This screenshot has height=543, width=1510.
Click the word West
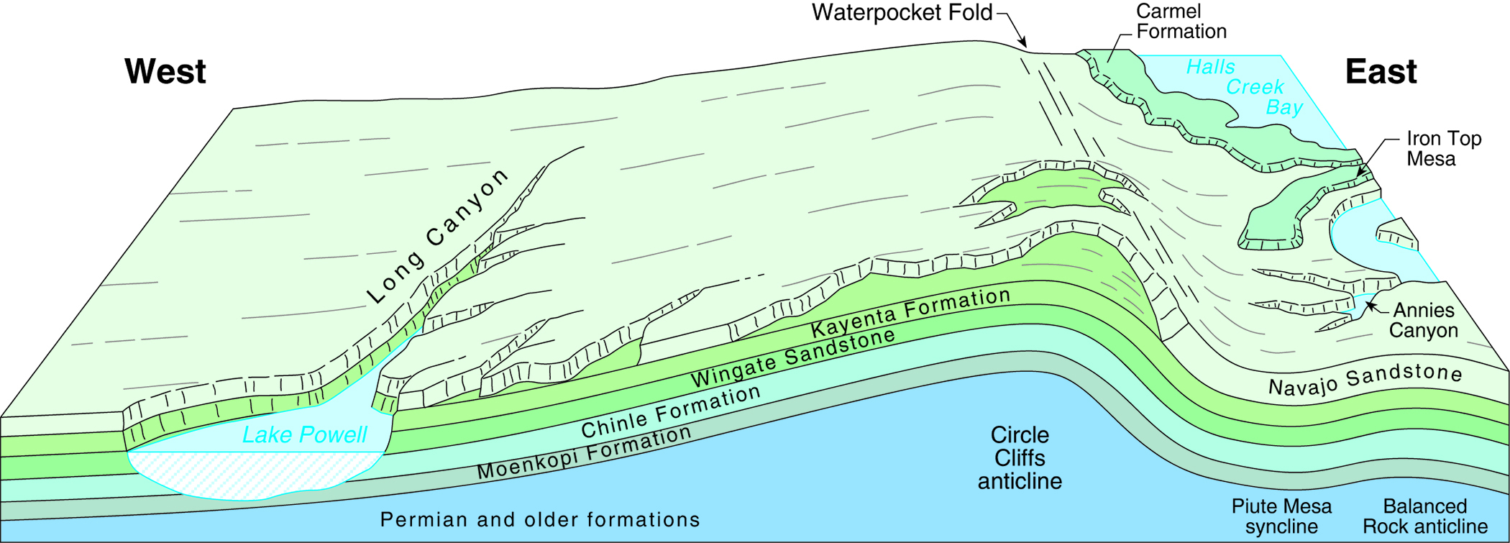click(165, 72)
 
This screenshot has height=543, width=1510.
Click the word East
click(1381, 72)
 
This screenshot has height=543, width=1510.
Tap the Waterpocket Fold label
click(902, 13)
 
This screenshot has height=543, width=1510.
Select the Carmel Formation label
click(1181, 22)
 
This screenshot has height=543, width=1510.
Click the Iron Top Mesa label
click(1443, 149)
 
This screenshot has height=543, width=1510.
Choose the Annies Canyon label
click(1423, 321)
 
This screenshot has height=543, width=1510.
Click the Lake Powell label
click(304, 435)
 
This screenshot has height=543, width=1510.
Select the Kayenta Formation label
click(910, 313)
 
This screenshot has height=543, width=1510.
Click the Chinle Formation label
click(670, 412)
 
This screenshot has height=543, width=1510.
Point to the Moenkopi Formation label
click(584, 453)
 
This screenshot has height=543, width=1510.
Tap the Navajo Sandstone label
click(1365, 380)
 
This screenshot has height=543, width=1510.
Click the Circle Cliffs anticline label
click(1020, 458)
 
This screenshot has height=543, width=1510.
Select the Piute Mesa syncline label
click(1281, 516)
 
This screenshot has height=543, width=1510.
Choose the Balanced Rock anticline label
click(1425, 516)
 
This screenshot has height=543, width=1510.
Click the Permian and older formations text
click(539, 519)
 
